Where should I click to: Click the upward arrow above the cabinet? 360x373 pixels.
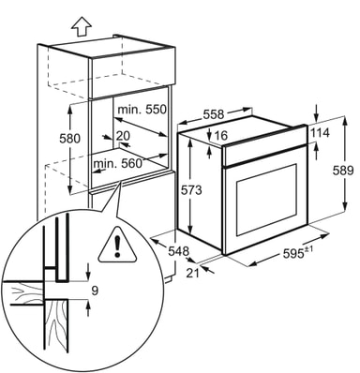81,26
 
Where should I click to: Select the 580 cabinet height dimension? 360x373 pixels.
70,139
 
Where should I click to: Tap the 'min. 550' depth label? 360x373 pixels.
142,110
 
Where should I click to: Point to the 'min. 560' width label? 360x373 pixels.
118,163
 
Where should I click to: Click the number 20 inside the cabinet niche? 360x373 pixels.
123,136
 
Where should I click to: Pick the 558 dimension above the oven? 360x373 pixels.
214,114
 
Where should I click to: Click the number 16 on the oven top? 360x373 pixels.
221,136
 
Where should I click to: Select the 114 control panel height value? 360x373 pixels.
320,133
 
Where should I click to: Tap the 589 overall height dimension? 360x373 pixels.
343,171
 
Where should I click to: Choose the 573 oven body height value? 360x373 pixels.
191,189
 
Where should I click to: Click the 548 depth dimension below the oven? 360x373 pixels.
179,251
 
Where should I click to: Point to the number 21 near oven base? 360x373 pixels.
193,273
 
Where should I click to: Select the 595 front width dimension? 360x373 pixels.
293,253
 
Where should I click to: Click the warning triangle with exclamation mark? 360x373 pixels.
117,246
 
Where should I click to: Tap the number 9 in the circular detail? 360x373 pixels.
95,291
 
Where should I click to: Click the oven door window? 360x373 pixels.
266,199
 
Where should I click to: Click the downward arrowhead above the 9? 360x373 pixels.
89,276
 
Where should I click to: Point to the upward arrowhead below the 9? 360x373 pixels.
89,305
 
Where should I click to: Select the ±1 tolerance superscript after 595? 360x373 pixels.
308,249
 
